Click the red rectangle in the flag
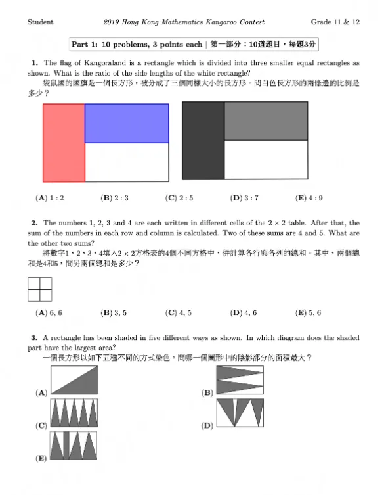point(64,143)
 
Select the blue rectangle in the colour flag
point(127,124)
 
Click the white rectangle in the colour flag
point(127,162)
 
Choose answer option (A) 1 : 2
point(50,197)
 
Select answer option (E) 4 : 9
point(309,197)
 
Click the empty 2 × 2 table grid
point(39,288)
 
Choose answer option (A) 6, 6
point(50,313)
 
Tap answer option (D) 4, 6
point(244,313)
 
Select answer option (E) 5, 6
point(309,313)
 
